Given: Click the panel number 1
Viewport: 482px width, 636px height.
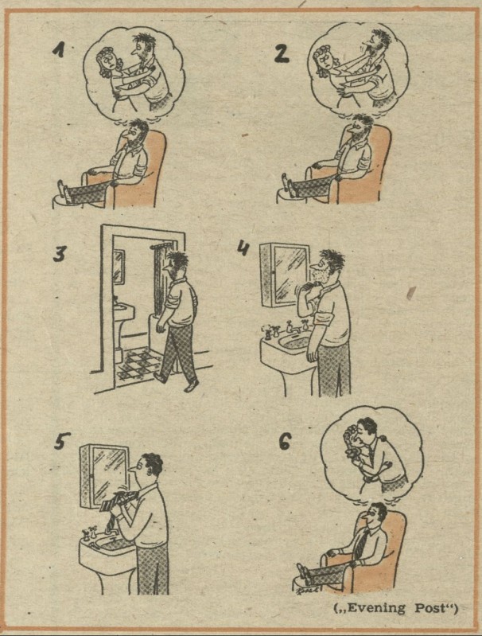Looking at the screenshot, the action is tap(60, 50).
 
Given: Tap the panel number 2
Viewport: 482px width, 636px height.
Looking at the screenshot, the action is tap(282, 53).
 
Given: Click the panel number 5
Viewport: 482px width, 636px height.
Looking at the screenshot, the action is tap(62, 440).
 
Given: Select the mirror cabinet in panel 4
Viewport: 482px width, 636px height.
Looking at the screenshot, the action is tap(284, 270).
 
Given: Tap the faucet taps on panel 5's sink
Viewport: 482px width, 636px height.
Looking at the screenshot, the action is tap(89, 533).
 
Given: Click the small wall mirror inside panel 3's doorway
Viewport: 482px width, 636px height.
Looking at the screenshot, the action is tap(119, 267).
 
